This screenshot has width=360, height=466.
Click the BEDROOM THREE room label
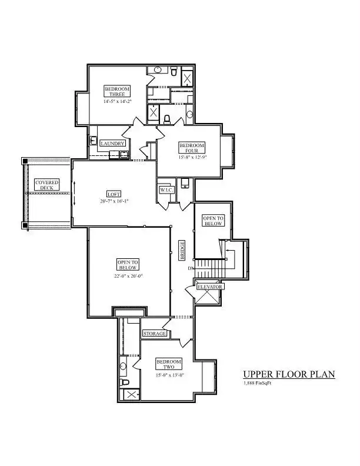click(x=117, y=91)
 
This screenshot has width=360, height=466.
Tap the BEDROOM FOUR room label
click(x=192, y=148)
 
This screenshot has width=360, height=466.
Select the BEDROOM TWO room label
click(x=169, y=364)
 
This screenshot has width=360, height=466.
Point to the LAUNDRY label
click(x=112, y=143)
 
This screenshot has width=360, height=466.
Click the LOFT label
click(x=114, y=194)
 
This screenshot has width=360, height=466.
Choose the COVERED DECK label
click(x=46, y=185)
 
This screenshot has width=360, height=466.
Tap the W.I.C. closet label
click(x=166, y=190)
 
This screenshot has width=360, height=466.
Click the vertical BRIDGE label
click(x=182, y=250)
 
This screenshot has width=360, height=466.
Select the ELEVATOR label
click(x=210, y=287)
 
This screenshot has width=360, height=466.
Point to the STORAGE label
click(x=155, y=334)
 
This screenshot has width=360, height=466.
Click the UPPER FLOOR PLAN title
click(x=289, y=374)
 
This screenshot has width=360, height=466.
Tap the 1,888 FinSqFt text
click(x=257, y=383)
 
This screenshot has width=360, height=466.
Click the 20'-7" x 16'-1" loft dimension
click(x=114, y=201)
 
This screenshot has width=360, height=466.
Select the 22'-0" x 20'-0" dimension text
click(x=128, y=275)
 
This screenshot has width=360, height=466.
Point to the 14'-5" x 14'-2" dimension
click(x=117, y=101)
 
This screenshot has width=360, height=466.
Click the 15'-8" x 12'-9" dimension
click(x=192, y=158)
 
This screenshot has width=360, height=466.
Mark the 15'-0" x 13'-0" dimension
click(x=169, y=375)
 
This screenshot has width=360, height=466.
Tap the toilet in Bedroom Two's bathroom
click(x=124, y=382)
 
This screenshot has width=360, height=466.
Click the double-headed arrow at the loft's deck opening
click(x=74, y=193)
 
